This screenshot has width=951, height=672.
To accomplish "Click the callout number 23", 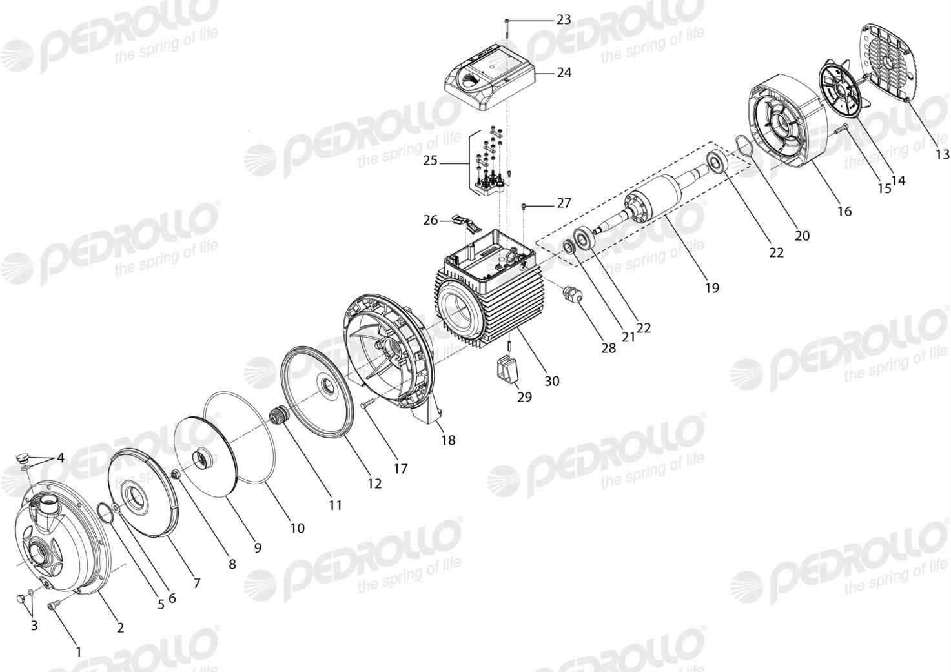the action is click(564, 19).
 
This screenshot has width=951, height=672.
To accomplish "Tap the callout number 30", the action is click(552, 382).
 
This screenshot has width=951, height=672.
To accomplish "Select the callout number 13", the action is click(943, 154).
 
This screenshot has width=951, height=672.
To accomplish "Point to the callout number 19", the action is click(712, 289).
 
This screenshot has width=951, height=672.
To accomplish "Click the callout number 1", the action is click(78, 651).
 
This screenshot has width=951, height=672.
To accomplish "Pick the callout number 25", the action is click(430, 161).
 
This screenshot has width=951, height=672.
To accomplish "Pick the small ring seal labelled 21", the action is click(569, 247).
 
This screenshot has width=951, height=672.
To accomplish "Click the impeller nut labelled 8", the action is click(174, 474).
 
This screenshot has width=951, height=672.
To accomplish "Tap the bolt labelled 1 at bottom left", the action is click(55, 607).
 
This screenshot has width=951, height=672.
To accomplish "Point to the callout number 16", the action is click(844, 211).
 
